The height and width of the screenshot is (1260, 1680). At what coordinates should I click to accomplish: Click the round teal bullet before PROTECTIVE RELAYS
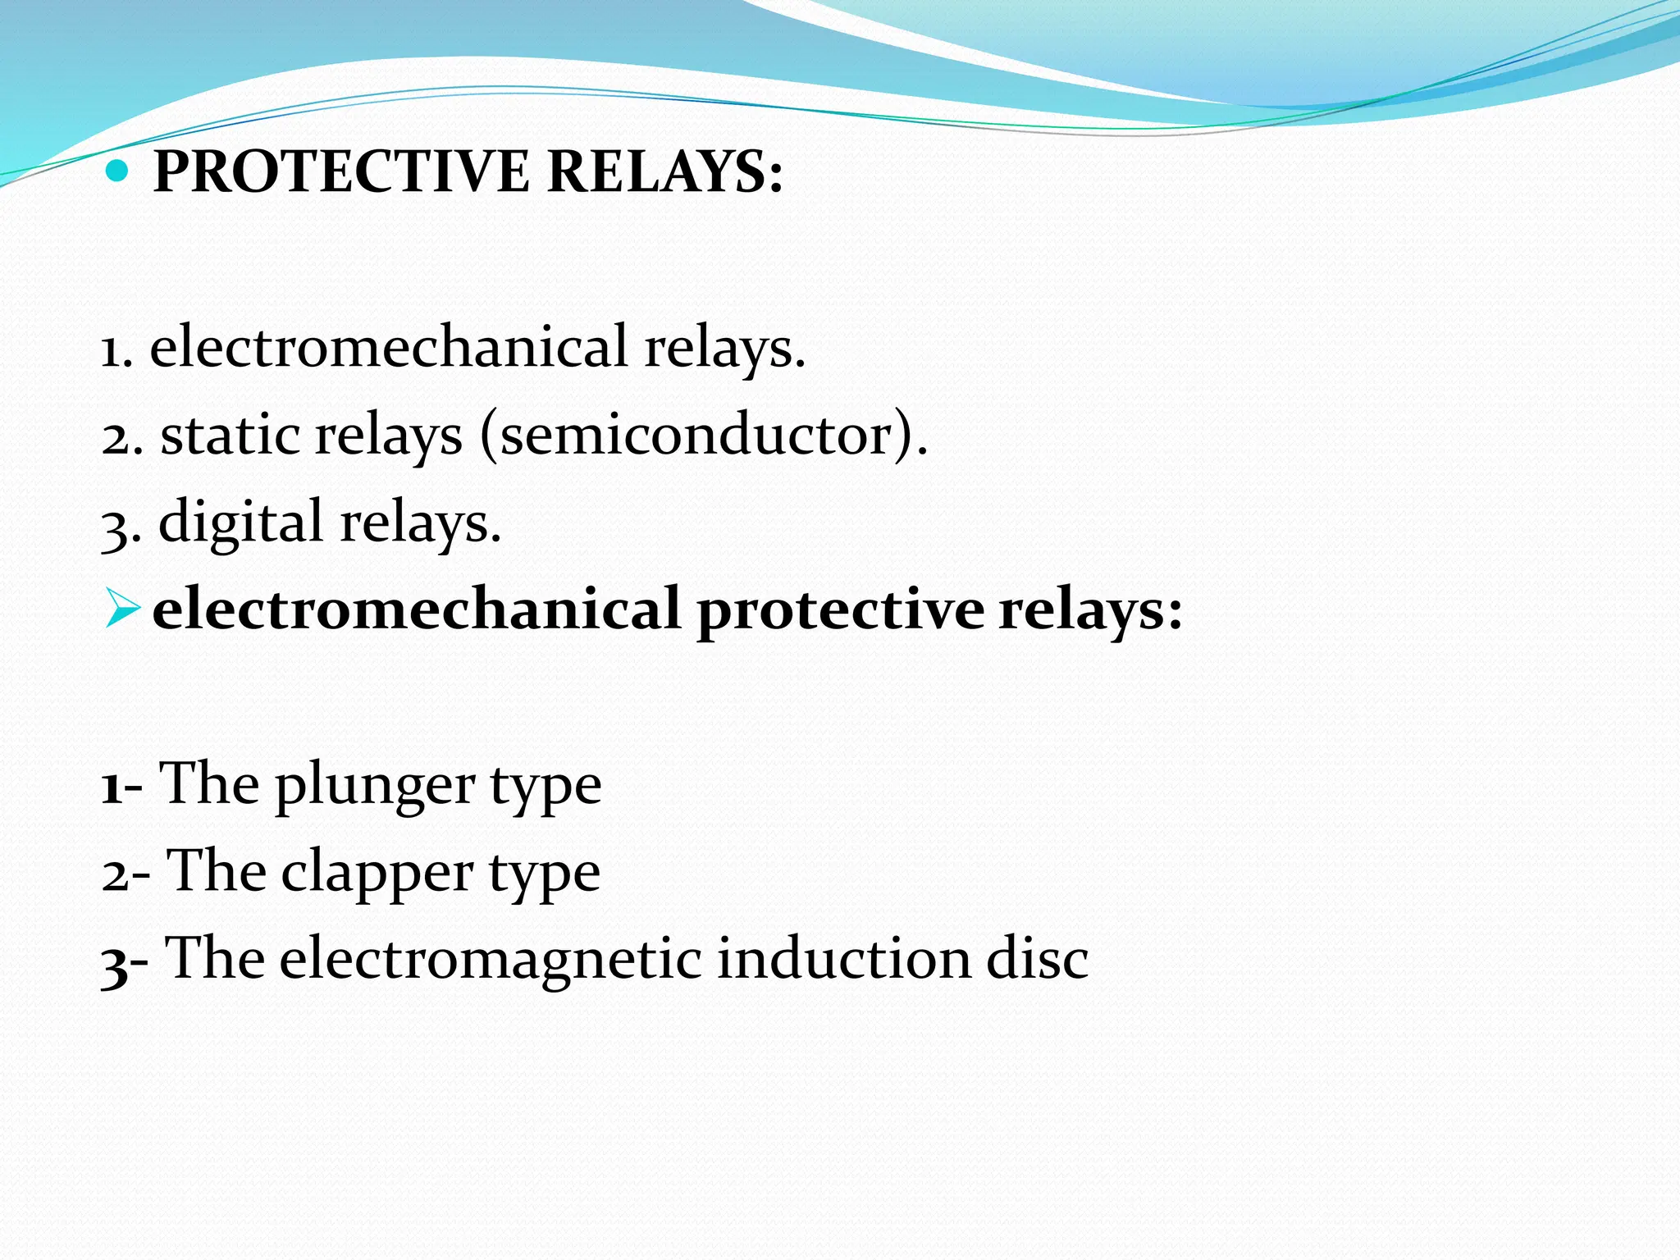(x=119, y=171)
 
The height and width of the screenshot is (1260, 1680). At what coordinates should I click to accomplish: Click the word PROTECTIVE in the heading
(x=341, y=171)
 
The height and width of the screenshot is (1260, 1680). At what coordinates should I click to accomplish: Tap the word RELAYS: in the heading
(x=664, y=171)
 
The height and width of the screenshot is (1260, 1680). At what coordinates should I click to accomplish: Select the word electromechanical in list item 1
(x=388, y=347)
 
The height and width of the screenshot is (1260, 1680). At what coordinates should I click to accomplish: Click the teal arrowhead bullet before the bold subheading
(x=123, y=610)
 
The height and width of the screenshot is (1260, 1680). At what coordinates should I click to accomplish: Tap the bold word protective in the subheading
(x=840, y=610)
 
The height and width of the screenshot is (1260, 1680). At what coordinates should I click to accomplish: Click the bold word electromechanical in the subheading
(x=417, y=610)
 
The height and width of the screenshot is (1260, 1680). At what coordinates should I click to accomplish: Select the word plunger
(x=375, y=786)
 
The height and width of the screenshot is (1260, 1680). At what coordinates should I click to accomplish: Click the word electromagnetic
(x=490, y=959)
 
